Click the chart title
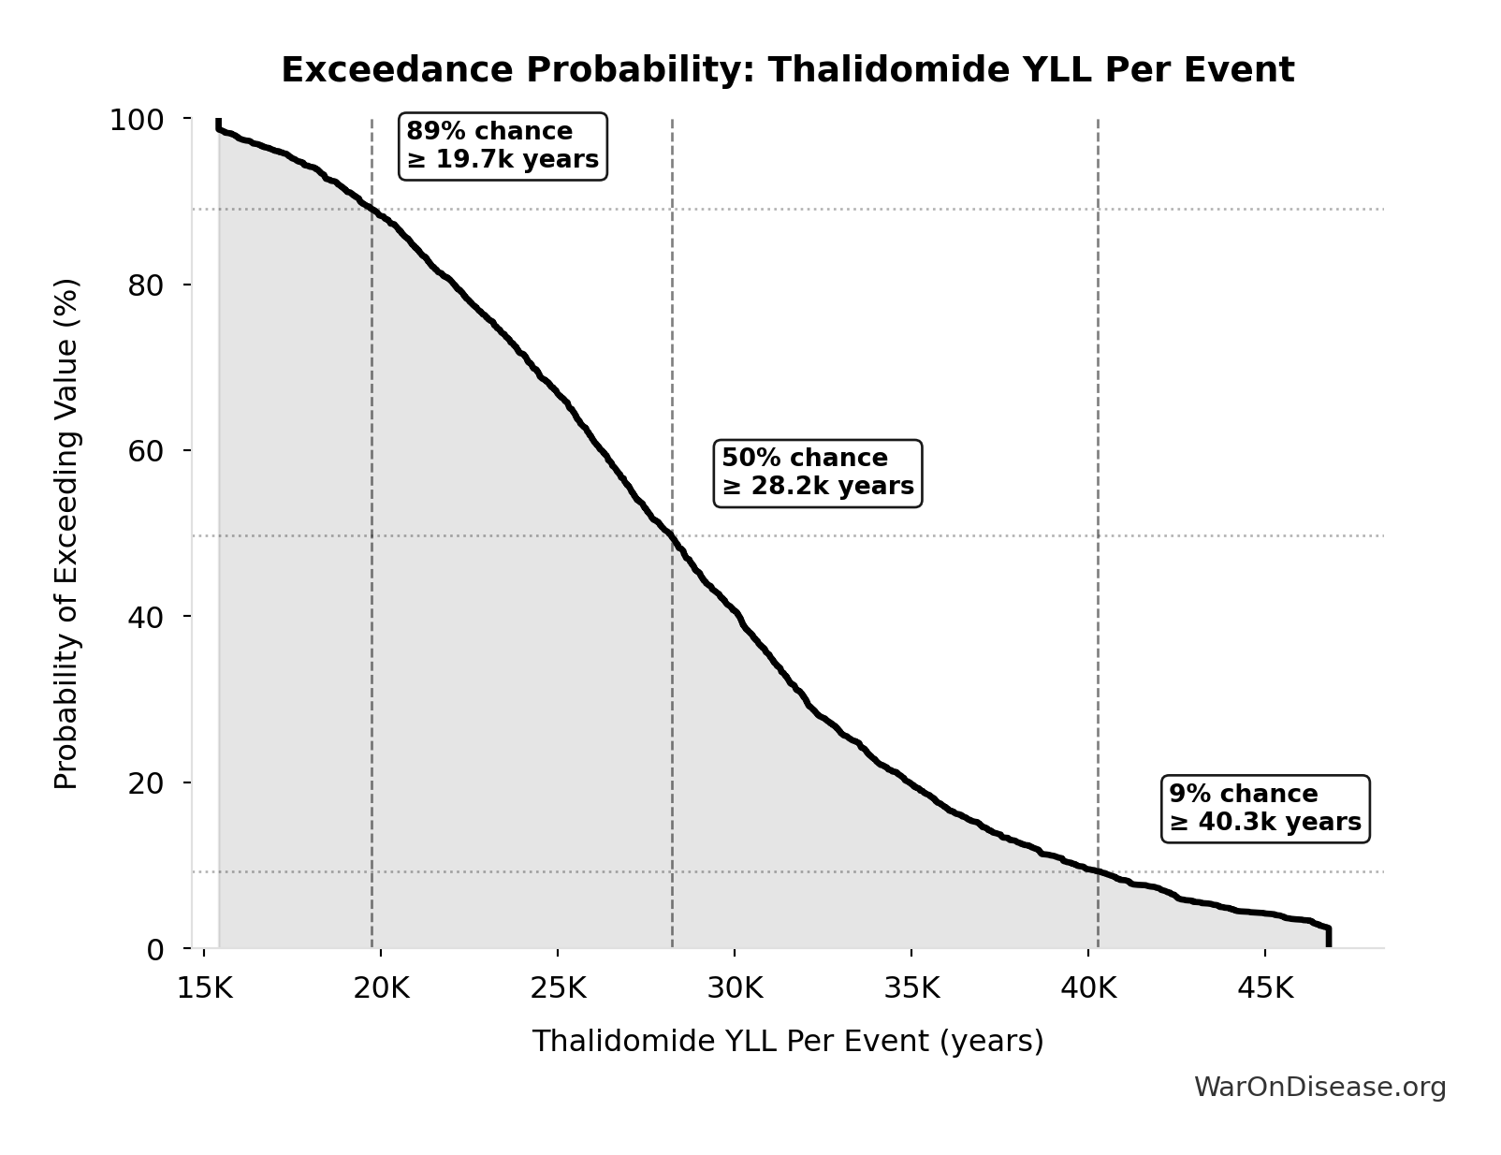pos(787,70)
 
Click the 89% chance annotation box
pos(503,145)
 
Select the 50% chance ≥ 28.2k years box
pos(817,473)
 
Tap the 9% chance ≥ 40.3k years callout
pos(1264,809)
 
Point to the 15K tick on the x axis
pos(204,988)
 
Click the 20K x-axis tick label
pos(381,988)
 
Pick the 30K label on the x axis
pos(735,988)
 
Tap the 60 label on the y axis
pos(146,451)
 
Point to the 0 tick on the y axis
pos(155,949)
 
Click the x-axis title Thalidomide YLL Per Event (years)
pos(787,1041)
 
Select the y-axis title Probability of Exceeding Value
pos(66,534)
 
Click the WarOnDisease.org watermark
pos(1319,1087)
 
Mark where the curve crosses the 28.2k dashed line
pos(672,536)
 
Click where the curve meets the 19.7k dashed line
pos(372,210)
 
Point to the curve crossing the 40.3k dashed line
pos(1098,871)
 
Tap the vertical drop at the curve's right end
pos(1328,937)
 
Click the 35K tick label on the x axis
pos(911,988)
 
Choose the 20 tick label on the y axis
pos(146,782)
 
